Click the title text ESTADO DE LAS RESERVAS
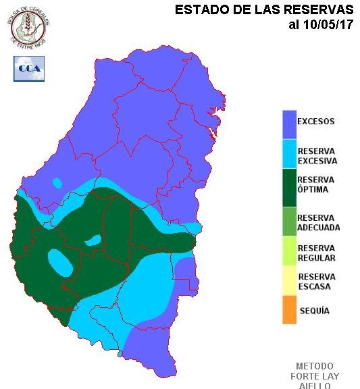264,10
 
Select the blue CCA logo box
28,68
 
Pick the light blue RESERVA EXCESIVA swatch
289,155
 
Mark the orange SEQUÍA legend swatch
289,310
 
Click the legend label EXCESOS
316,122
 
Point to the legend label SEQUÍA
314,311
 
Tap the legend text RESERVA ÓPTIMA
316,184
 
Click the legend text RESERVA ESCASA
316,282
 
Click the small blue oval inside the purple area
57,182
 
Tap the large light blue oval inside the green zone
60,262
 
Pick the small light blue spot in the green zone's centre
93,240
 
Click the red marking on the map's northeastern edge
214,132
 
